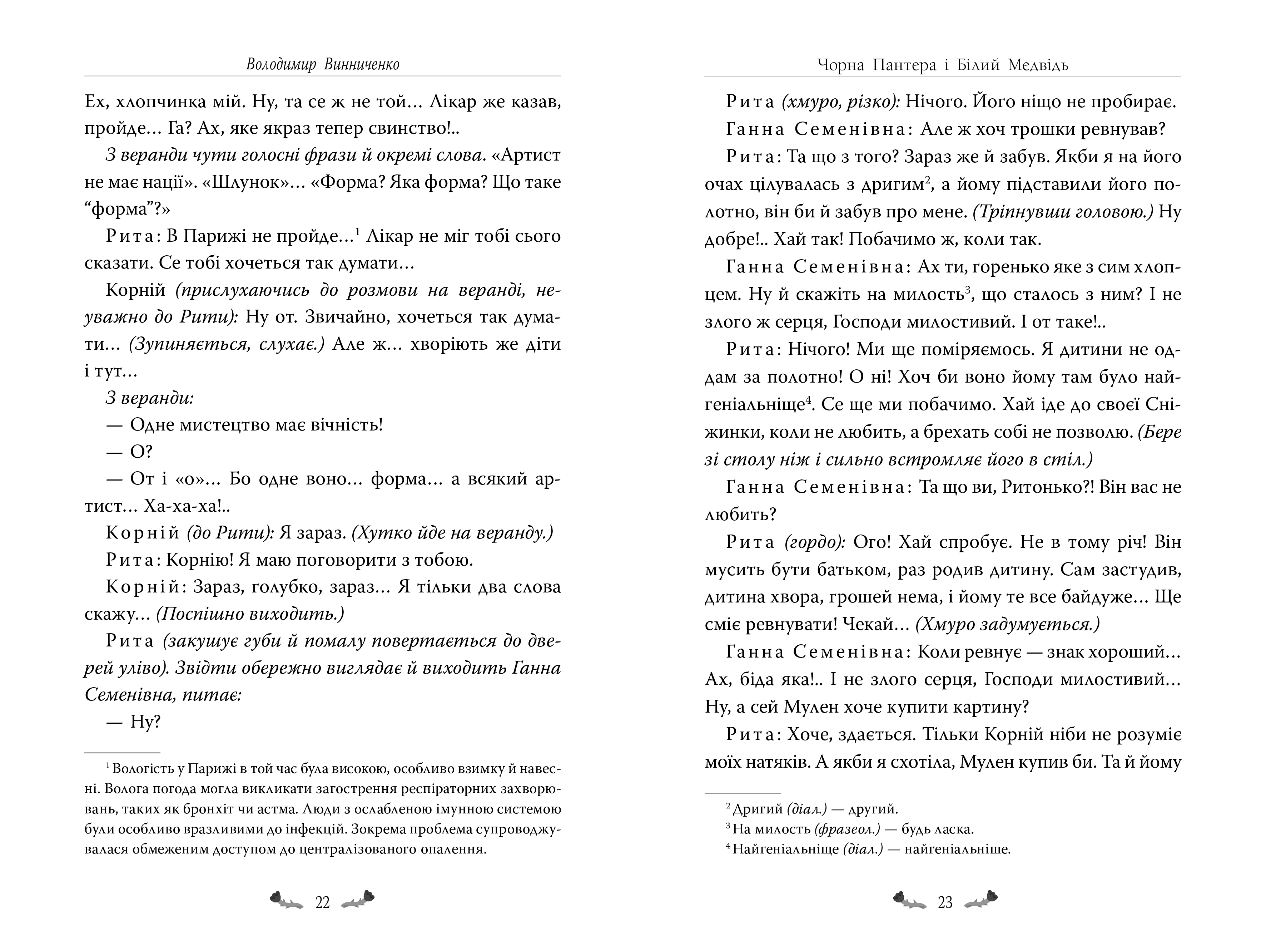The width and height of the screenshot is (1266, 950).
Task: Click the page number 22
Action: point(322,902)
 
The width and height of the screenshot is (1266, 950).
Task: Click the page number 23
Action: point(945,902)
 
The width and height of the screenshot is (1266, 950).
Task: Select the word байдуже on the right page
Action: point(1108,597)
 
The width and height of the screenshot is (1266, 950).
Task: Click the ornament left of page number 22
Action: point(286,901)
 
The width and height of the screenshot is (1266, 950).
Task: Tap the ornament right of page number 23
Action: point(981,901)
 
